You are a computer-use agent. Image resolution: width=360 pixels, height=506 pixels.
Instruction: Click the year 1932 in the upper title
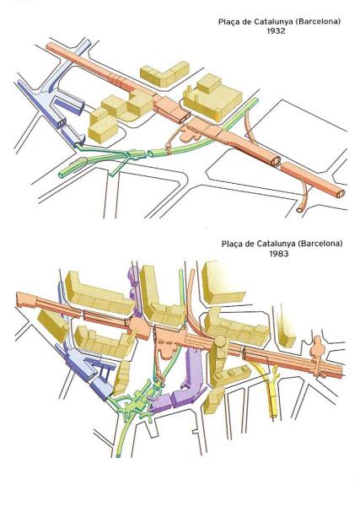(x=277, y=31)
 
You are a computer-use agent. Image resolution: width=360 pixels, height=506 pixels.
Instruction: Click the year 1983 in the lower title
(x=279, y=254)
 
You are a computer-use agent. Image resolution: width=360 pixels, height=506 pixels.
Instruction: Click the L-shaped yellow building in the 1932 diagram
(x=164, y=74)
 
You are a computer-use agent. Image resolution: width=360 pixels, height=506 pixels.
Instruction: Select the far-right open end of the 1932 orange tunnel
(x=341, y=193)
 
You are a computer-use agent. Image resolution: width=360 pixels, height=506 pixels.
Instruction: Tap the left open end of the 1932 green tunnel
(x=62, y=175)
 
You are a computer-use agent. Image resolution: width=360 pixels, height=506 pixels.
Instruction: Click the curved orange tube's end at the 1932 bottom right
(x=299, y=210)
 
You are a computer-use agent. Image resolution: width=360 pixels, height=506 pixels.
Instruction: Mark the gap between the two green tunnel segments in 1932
(x=147, y=153)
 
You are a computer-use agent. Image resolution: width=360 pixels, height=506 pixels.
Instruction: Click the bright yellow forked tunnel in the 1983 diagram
(x=269, y=387)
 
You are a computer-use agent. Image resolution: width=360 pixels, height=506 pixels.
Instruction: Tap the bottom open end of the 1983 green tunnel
(x=118, y=455)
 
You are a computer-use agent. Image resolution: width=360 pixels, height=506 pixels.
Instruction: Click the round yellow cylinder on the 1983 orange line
(x=221, y=342)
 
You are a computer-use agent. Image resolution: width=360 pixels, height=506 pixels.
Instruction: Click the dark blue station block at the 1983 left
(x=85, y=371)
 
